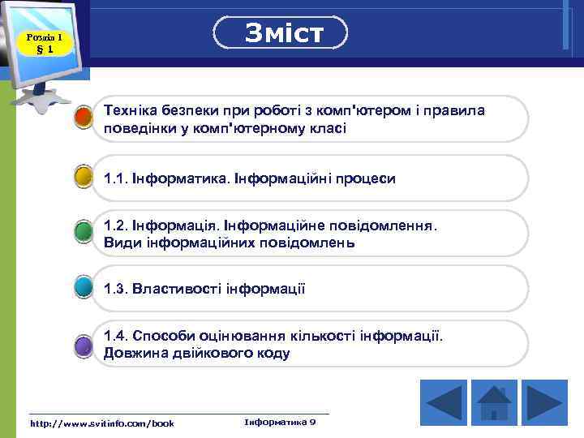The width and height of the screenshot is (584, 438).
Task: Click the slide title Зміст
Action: click(281, 33)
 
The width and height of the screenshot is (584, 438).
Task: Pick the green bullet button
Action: click(83, 232)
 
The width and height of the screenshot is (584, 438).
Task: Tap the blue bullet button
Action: click(83, 288)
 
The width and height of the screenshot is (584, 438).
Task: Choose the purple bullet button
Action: click(83, 346)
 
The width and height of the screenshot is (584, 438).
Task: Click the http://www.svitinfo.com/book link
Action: click(101, 423)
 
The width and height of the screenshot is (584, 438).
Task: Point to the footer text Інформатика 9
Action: click(280, 422)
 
